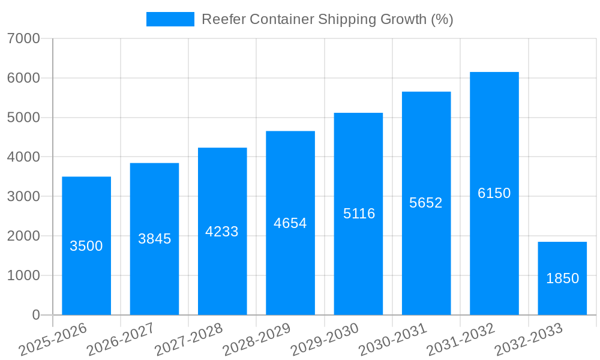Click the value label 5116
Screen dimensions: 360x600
coord(359,214)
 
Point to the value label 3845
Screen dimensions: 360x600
coord(155,239)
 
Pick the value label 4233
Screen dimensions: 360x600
coord(222,232)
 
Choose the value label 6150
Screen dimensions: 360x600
coord(494,193)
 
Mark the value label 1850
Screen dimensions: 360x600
coord(562,278)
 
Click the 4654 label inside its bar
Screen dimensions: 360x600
coord(290,223)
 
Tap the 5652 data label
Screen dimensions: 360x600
coord(426,203)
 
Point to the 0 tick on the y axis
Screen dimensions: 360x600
coord(35,315)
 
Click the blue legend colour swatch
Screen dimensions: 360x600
coord(170,19)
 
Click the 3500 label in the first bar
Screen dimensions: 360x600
coord(86,246)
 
